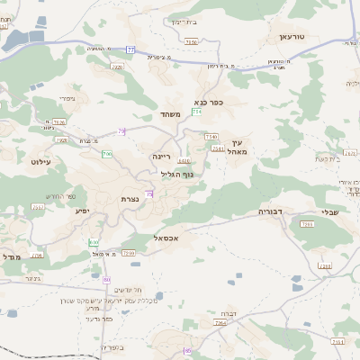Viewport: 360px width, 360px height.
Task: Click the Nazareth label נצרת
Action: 128,200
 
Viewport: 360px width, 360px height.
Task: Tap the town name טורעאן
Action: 292,39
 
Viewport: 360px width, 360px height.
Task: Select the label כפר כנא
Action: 208,103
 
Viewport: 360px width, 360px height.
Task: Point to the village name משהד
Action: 171,114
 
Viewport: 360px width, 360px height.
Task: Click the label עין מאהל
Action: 238,147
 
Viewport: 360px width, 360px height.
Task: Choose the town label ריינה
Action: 161,157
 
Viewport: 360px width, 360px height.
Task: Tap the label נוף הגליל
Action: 177,175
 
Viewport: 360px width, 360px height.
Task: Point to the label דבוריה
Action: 273,211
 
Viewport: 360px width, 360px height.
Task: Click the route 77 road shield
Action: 130,49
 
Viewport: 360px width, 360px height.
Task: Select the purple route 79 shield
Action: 121,131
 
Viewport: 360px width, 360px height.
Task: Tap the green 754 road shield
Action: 196,111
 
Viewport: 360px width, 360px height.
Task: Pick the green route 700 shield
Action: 107,155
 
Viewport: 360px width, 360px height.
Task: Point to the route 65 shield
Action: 187,350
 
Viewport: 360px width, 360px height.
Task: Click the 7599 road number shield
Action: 129,254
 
